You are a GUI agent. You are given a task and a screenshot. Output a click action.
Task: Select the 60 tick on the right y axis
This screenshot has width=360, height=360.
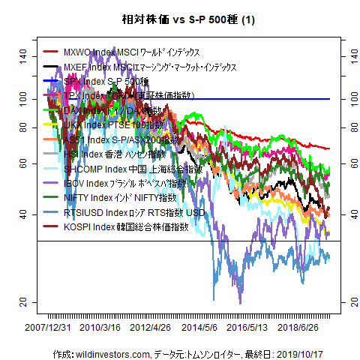coord(346,163)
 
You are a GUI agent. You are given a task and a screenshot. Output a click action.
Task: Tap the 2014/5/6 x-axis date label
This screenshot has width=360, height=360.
coord(200,328)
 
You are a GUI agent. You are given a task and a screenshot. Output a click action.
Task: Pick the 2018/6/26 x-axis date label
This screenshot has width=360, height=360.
coord(301,328)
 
